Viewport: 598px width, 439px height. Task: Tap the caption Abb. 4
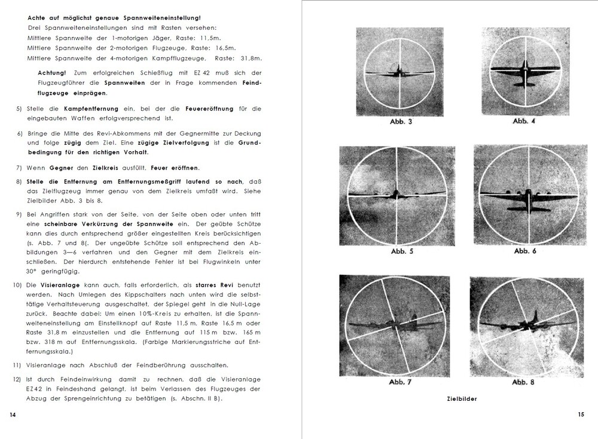point(524,121)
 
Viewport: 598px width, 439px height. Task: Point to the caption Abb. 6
point(525,251)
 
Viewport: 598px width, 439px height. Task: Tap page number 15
point(581,415)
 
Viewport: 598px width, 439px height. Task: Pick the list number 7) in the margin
point(19,168)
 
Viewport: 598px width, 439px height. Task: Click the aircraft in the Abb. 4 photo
point(524,70)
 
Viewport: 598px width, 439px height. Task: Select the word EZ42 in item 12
point(36,389)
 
